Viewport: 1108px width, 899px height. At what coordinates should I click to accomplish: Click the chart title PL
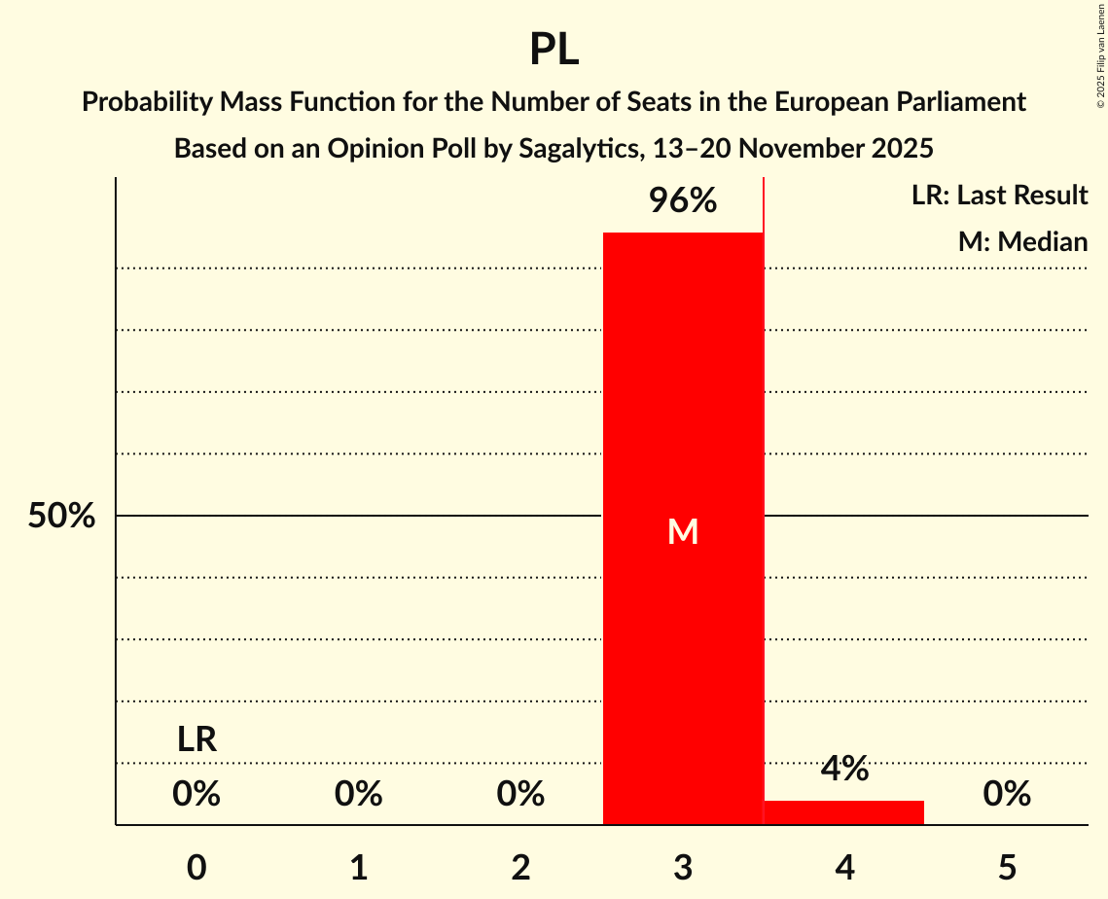click(x=554, y=49)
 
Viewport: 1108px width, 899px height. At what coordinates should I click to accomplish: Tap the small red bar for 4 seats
click(x=843, y=812)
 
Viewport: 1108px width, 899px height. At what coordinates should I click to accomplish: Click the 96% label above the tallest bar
click(x=683, y=201)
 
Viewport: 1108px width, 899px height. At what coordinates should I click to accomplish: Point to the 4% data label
click(x=843, y=769)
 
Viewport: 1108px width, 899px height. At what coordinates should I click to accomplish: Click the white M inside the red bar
click(x=683, y=531)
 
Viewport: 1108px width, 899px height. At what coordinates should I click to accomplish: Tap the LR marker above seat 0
click(x=197, y=739)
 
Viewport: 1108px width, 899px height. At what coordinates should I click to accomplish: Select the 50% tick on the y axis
click(x=61, y=517)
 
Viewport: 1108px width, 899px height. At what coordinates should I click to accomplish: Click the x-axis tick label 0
click(x=197, y=867)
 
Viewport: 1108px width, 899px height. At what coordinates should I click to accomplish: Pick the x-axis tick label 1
click(x=359, y=867)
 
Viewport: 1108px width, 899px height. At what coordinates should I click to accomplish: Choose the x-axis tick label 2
click(x=520, y=867)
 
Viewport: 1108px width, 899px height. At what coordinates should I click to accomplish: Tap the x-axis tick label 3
click(x=683, y=867)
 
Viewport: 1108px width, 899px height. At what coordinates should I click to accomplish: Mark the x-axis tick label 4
click(x=844, y=867)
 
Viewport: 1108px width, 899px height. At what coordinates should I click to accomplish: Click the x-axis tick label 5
click(x=1007, y=867)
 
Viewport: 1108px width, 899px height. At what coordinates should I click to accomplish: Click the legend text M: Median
click(x=1022, y=241)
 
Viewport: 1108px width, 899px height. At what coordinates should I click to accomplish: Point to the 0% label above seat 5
click(x=1007, y=795)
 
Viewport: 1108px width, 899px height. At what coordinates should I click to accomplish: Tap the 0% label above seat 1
click(x=359, y=795)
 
